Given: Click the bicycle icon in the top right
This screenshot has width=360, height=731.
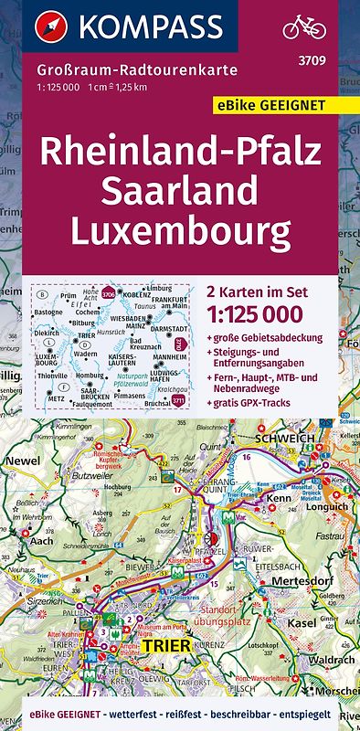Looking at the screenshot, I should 304,26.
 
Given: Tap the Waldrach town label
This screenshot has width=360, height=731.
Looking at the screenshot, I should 326,659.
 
